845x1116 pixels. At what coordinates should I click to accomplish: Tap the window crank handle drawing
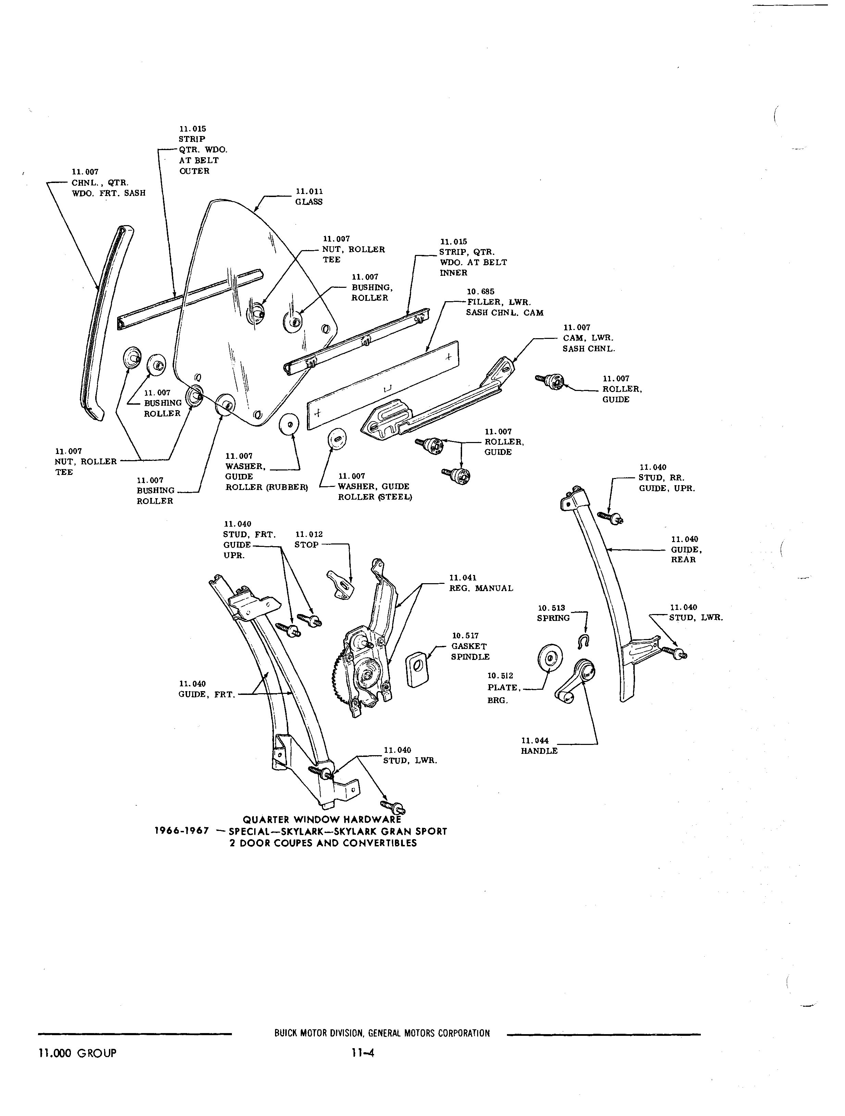[x=575, y=681]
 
